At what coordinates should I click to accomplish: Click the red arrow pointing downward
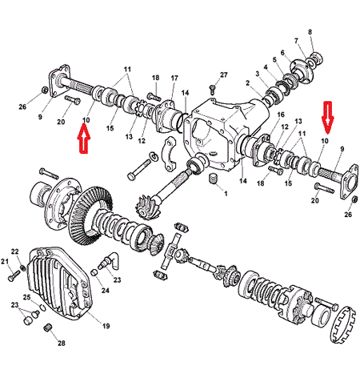coord(327,118)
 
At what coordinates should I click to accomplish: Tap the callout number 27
coord(224,74)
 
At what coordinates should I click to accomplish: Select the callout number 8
coord(310,32)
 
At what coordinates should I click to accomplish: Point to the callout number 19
coord(106,326)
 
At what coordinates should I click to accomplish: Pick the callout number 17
coord(174,78)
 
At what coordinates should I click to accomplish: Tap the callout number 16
coord(281,115)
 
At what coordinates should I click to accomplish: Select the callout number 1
coord(226,194)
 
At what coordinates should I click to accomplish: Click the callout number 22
coord(15,251)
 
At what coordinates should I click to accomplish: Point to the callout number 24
coord(106,290)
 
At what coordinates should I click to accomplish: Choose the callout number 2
coord(248,83)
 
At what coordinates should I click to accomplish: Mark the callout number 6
coord(282,53)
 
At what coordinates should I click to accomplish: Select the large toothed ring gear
coord(90,214)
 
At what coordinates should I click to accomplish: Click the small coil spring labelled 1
coord(213,179)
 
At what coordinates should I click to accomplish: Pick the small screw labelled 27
coord(213,89)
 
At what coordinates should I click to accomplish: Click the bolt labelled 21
coord(14,275)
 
